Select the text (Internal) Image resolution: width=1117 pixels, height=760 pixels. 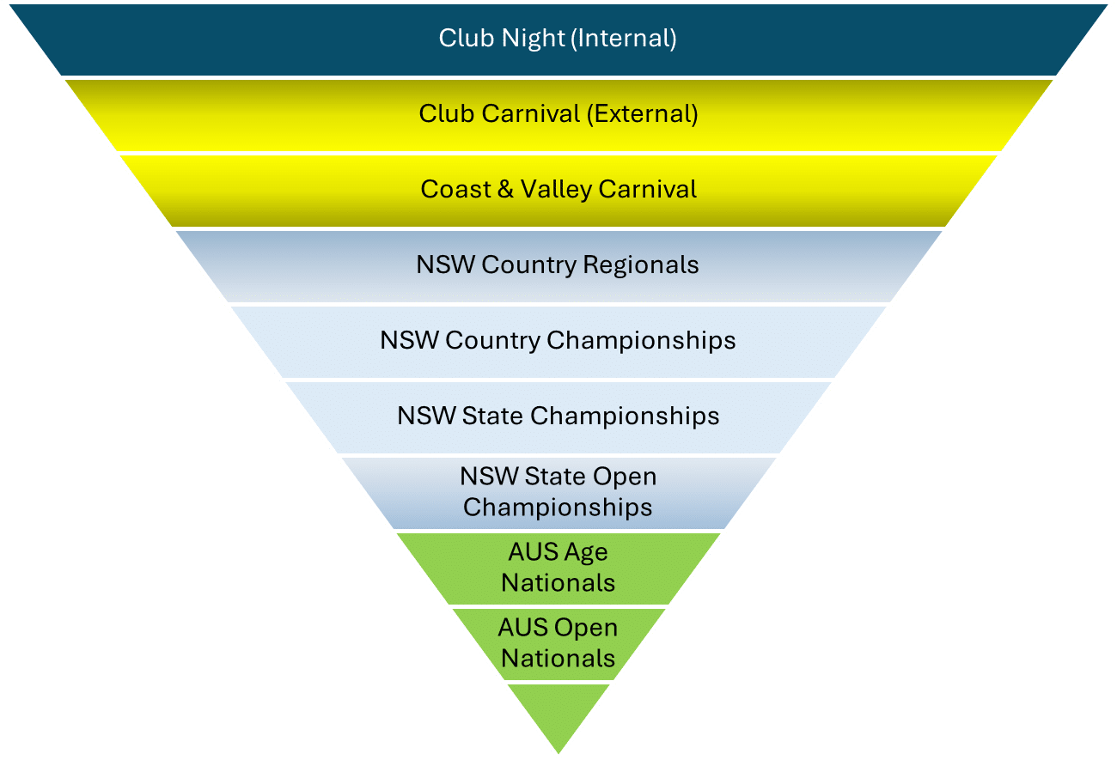point(624,39)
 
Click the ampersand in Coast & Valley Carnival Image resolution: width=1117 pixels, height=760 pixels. point(505,189)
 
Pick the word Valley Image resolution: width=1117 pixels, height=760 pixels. point(556,189)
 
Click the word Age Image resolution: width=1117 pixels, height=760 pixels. point(587,552)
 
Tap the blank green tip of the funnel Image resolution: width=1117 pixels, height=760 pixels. point(558,717)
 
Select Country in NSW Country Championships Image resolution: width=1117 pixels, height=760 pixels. point(492,340)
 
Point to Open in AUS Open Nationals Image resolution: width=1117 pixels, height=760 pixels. point(587,628)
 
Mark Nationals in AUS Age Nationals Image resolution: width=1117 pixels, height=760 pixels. point(558,583)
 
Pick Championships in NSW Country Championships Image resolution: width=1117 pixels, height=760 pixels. point(641,340)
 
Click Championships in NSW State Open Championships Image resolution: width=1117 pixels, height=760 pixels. point(558,507)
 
